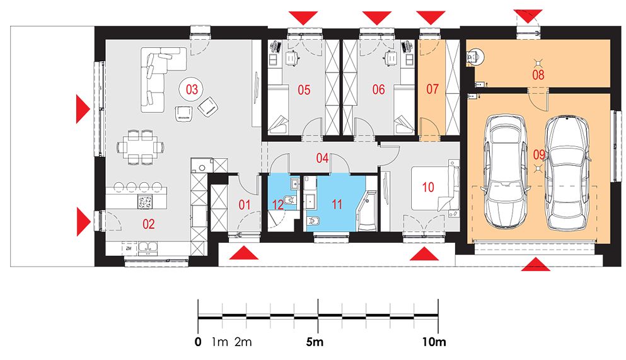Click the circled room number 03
click(192, 89)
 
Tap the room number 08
click(538, 74)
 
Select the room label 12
click(277, 205)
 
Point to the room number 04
click(322, 158)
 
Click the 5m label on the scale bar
click(315, 342)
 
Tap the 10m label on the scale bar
click(434, 342)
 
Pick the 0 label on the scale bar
click(198, 342)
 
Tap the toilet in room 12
click(289, 200)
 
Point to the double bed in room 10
click(434, 188)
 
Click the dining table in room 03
click(141, 147)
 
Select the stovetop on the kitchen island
click(146, 202)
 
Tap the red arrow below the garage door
click(535, 264)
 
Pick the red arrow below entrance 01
click(244, 253)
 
